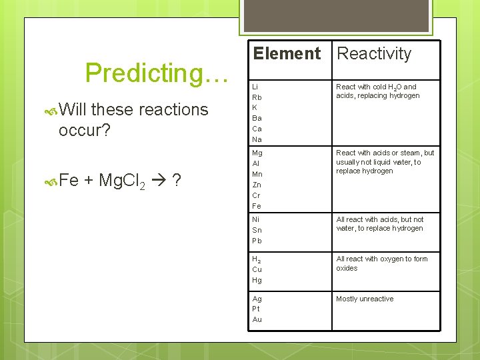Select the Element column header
pos(287,54)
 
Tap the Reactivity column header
pos(374,54)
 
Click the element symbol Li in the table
pos(255,87)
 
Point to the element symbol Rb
pos(257,97)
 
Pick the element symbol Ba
pos(257,119)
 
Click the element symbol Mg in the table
pos(257,153)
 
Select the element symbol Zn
pos(257,185)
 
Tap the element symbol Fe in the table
pos(257,206)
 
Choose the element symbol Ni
pos(256,219)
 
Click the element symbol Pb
pos(257,241)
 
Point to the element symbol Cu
pos(257,269)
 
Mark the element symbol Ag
pos(257,299)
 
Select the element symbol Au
pos(257,319)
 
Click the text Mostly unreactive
pos(365,299)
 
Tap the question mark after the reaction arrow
pos(177,181)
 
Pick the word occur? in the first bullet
pos(84,130)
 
